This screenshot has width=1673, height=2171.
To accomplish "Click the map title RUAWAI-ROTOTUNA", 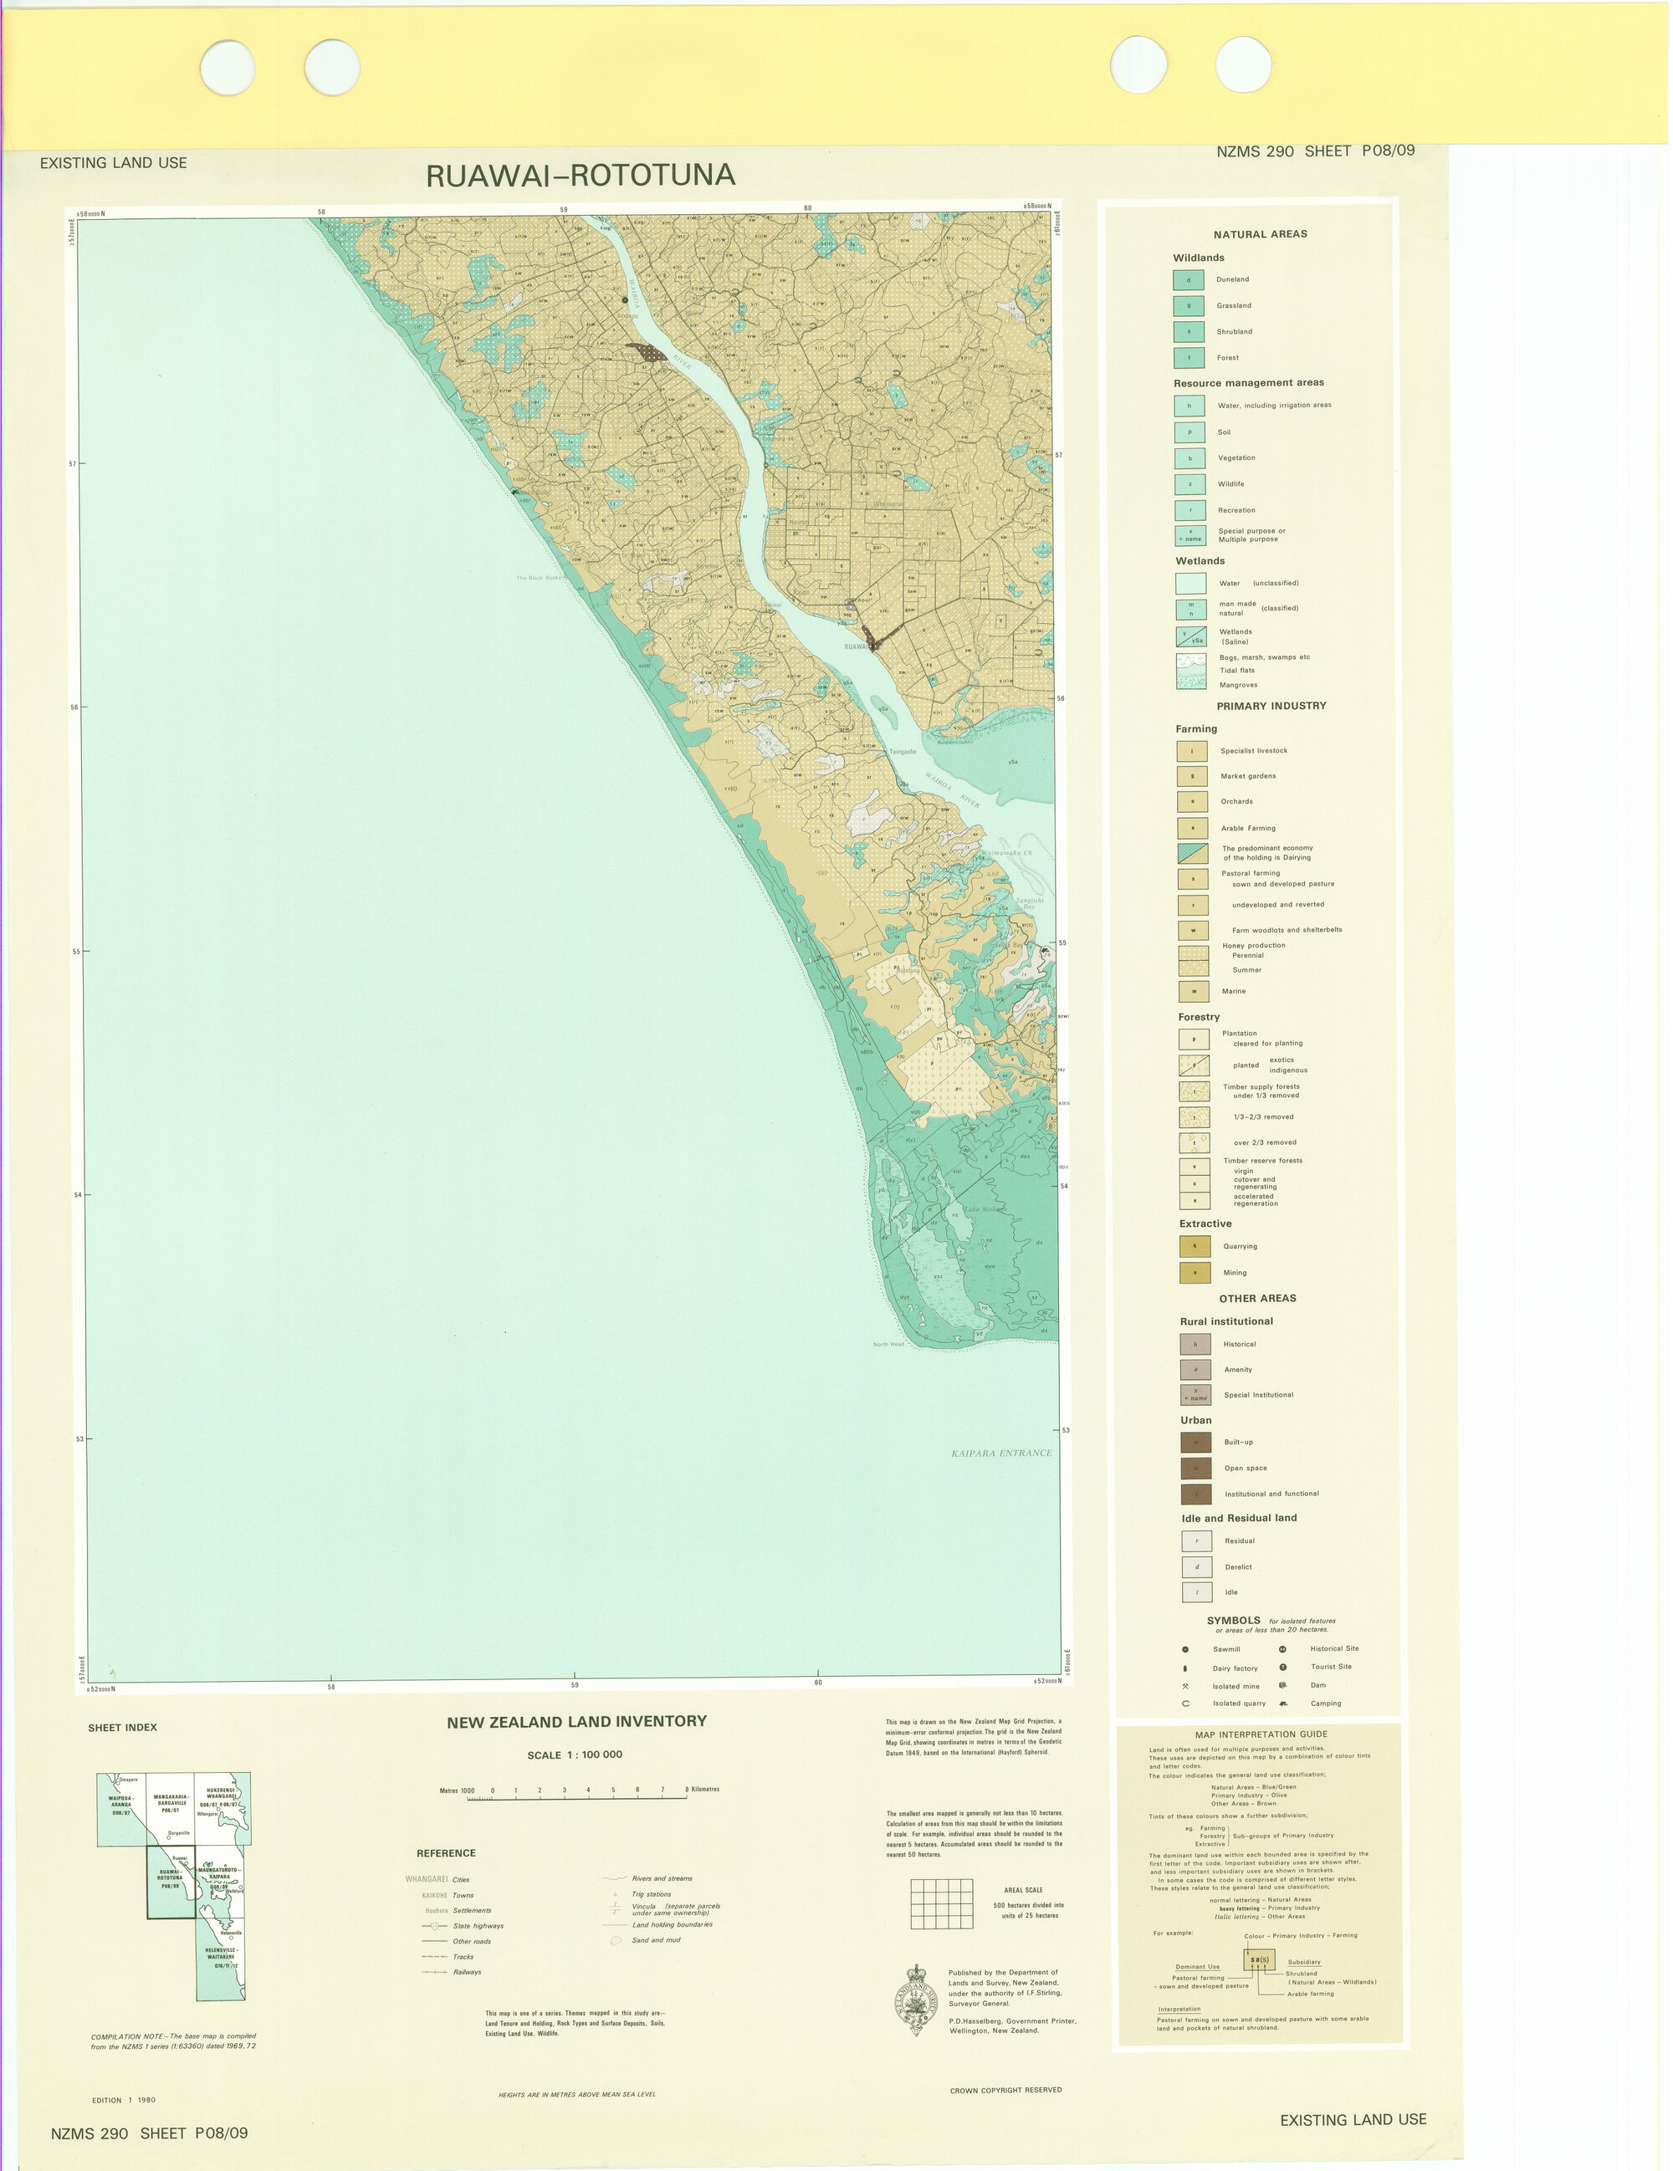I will click(581, 176).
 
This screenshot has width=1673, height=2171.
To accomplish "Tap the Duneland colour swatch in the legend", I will click(1188, 280).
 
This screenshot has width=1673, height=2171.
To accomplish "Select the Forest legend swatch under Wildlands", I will click(1188, 358).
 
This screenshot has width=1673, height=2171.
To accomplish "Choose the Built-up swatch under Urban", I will click(1195, 1443).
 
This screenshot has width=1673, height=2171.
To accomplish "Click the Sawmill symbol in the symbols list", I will click(1185, 1649).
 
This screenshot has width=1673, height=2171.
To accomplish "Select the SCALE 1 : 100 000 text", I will click(575, 1755).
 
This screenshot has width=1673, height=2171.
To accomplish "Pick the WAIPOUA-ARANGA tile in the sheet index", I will click(120, 1806).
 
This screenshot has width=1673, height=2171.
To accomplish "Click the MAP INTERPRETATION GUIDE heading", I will click(1260, 1734).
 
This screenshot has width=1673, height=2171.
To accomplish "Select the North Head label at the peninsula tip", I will click(888, 1344).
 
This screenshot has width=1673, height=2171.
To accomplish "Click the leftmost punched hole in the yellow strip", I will click(228, 67).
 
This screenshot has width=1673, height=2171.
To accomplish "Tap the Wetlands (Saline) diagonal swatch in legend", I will click(1190, 636).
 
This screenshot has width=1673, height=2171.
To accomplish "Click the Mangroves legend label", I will click(1238, 685).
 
